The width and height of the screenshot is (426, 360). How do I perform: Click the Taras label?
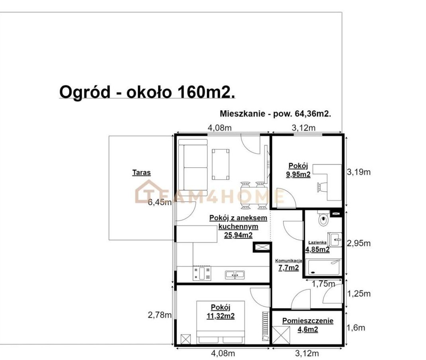[141, 173]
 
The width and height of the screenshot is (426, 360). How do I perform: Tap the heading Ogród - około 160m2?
[147, 92]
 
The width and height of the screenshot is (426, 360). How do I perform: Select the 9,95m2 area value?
[298, 174]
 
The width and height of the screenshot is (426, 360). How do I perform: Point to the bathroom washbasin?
[335, 239]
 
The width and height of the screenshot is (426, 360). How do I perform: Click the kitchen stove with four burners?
[201, 273]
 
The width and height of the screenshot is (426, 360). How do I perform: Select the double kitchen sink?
[235, 275]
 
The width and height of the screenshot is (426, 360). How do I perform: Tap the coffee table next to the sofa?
[220, 164]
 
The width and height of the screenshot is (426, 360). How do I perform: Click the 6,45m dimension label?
[160, 202]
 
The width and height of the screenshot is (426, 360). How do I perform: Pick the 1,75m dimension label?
[323, 284]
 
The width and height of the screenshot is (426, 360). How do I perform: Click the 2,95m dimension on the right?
[359, 243]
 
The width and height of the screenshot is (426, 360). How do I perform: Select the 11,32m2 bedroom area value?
[221, 316]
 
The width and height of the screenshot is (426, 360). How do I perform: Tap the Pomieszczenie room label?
[308, 321]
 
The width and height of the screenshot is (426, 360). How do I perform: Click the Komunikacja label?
[288, 261]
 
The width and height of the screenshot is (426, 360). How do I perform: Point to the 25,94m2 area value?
[238, 235]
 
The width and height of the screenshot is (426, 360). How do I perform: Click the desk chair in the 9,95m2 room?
[322, 187]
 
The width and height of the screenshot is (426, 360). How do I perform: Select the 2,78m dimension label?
[160, 315]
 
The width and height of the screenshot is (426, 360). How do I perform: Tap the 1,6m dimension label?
[356, 328]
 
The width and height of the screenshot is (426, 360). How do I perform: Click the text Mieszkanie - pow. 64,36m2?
[276, 114]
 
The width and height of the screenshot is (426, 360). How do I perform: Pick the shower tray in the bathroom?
[323, 267]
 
